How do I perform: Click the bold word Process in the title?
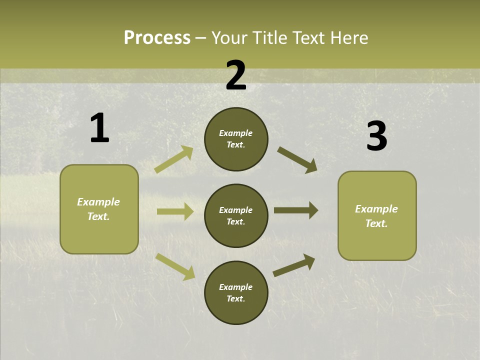157,37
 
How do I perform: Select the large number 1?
99,128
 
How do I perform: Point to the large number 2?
236,75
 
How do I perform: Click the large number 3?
376,136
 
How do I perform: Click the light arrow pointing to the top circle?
174,159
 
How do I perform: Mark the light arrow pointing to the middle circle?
175,211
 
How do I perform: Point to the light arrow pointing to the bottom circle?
175,266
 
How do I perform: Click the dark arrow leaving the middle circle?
296,210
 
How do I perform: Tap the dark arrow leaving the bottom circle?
294,265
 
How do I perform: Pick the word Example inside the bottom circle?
236,287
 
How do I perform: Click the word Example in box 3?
376,209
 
